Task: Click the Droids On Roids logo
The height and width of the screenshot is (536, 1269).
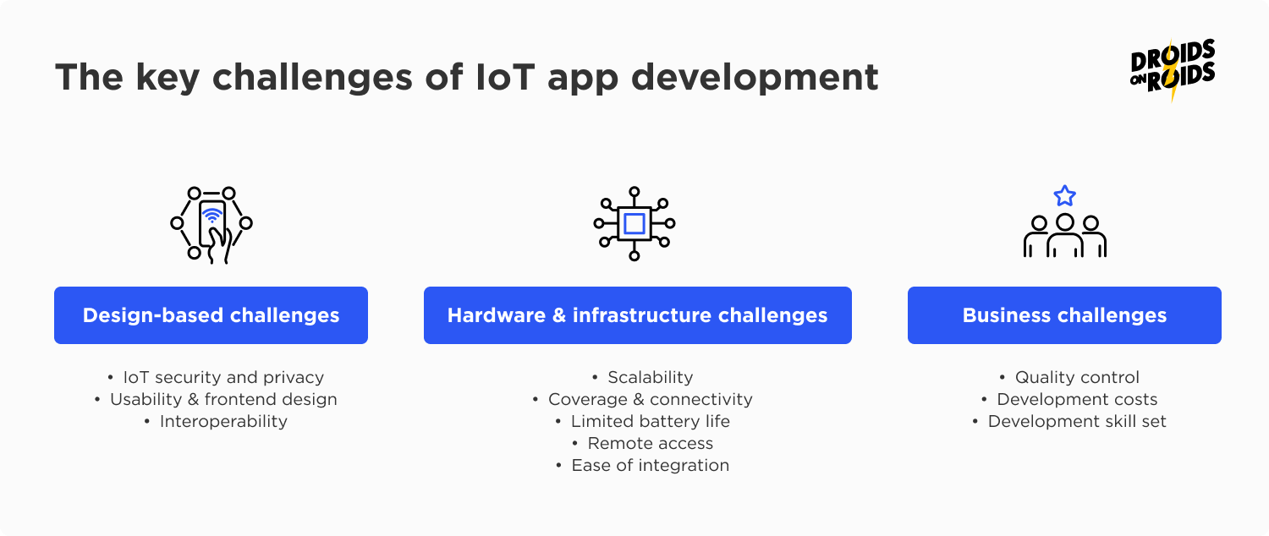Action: tap(1172, 70)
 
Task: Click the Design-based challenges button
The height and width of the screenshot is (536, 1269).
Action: tap(211, 315)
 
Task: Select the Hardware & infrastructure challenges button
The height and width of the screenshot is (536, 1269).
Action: tap(637, 315)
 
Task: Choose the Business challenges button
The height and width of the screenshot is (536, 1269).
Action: tap(1064, 315)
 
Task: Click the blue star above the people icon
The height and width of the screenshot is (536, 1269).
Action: tap(1064, 196)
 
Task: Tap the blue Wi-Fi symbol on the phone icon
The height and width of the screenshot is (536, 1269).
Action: tap(211, 215)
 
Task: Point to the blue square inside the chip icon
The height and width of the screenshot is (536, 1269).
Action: tap(634, 224)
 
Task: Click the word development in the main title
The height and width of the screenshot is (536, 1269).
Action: tap(754, 78)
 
